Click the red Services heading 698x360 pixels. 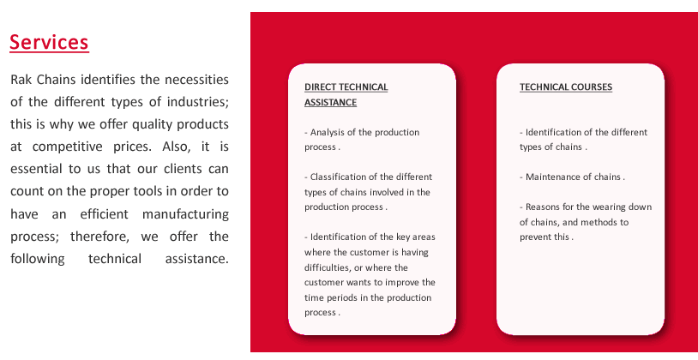pyautogui.click(x=49, y=42)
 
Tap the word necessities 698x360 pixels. pyautogui.click(x=196, y=80)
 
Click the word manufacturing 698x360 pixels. pyautogui.click(x=185, y=214)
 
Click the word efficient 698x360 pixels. pyautogui.click(x=104, y=214)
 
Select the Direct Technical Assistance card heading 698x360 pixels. pyautogui.click(x=346, y=94)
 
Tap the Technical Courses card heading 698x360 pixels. pyautogui.click(x=566, y=87)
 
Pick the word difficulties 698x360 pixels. pyautogui.click(x=328, y=267)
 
